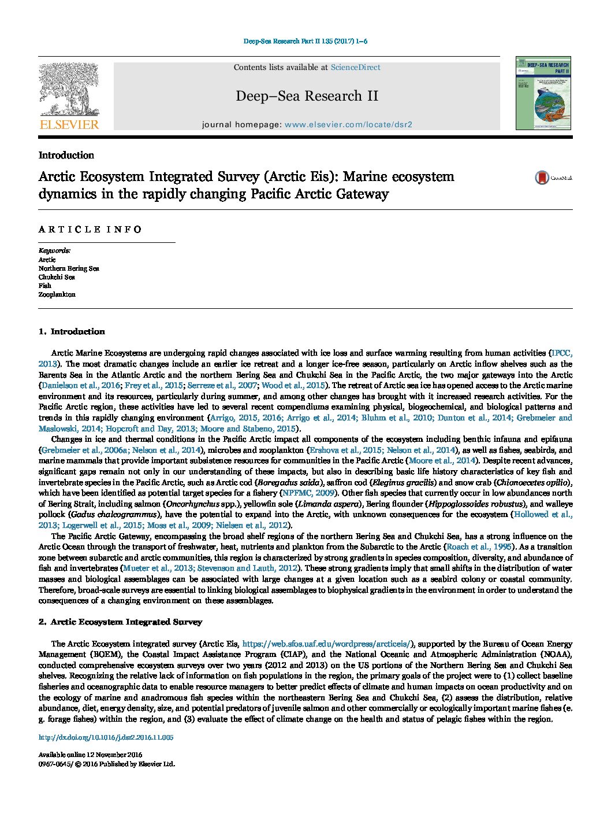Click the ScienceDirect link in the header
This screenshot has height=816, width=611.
tap(355, 68)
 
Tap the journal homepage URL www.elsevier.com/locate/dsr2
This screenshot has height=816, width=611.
tap(348, 124)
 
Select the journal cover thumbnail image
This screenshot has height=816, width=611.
tap(543, 93)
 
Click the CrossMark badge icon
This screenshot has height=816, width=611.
tap(542, 178)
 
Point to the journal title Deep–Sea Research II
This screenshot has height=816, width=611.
tap(307, 96)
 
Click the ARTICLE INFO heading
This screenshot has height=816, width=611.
tap(90, 230)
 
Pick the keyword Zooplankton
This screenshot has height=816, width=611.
tap(57, 294)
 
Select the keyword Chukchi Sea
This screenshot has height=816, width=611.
tap(57, 277)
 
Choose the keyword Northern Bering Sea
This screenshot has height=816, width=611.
tap(69, 268)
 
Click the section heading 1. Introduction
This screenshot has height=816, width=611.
tap(72, 331)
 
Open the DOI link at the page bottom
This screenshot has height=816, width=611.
tap(106, 737)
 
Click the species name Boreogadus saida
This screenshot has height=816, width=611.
tap(289, 482)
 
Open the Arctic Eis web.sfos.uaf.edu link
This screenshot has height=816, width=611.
tap(326, 644)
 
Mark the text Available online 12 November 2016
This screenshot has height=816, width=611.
tap(90, 755)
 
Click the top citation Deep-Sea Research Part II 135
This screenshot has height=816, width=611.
tap(305, 42)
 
